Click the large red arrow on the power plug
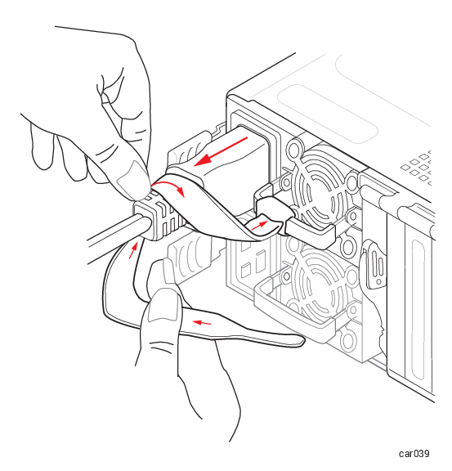[222, 151]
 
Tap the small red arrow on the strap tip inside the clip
[259, 225]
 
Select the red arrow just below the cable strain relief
[133, 250]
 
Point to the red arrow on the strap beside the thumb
[202, 323]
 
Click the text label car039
[414, 453]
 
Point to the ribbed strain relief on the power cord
[159, 218]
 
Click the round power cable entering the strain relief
[117, 237]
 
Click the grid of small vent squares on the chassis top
[418, 168]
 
